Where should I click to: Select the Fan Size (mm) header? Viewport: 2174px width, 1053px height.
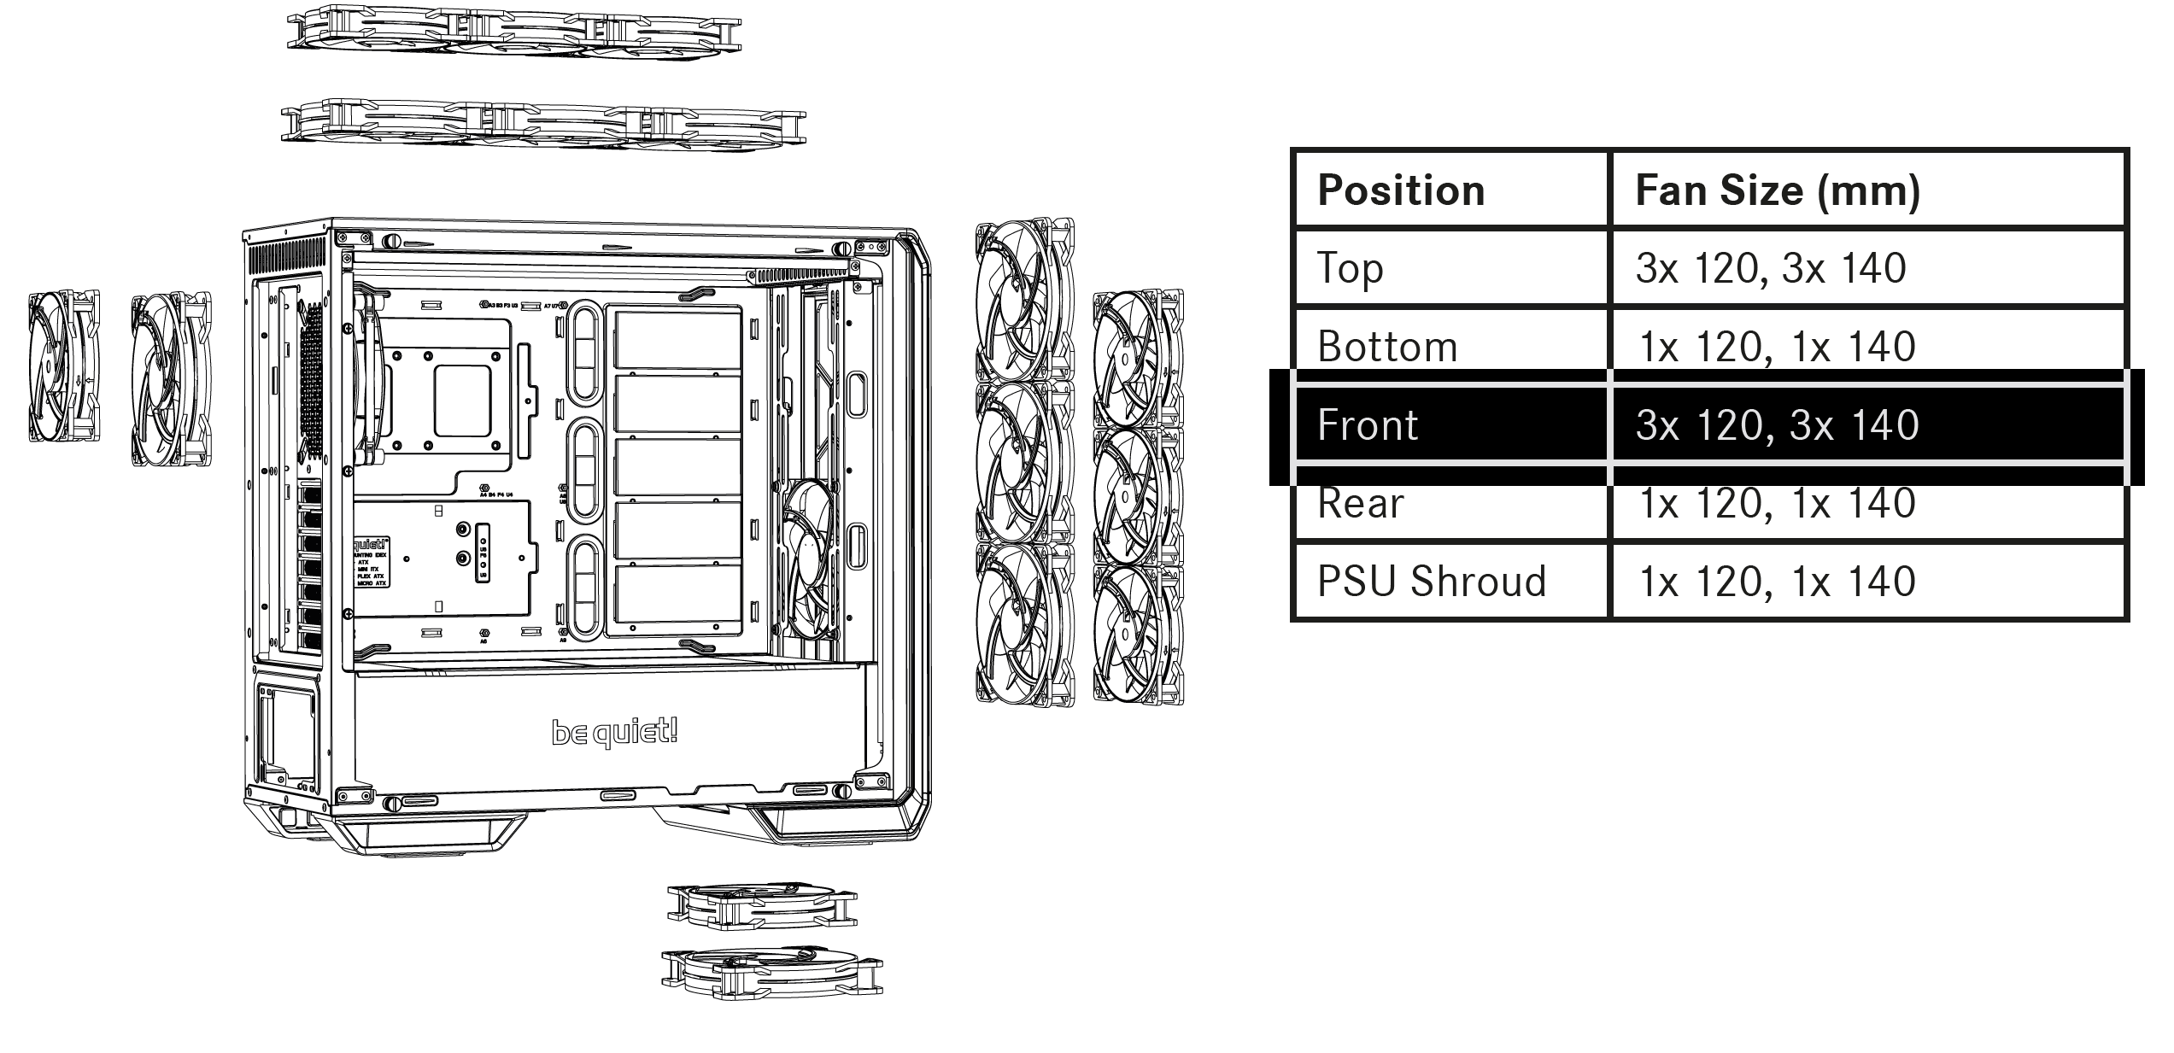[x=1777, y=190]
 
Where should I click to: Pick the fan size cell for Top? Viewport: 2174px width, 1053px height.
[x=1770, y=268]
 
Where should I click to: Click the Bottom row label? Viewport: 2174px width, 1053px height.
[x=1387, y=347]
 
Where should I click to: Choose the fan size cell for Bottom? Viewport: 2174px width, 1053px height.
[x=1777, y=347]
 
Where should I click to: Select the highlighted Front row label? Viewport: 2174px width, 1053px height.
[x=1368, y=425]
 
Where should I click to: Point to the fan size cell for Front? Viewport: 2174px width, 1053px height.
[x=1777, y=425]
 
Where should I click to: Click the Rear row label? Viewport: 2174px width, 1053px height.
[x=1360, y=503]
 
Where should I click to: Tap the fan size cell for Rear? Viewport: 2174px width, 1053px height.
[x=1777, y=503]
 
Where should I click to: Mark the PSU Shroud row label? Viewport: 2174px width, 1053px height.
[x=1432, y=582]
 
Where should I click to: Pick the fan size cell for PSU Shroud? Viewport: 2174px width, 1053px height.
[x=1777, y=582]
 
